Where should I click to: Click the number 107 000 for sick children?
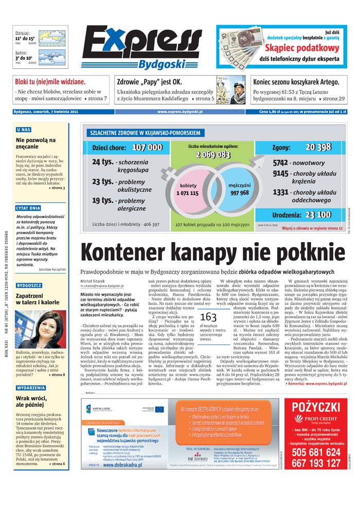click(147, 148)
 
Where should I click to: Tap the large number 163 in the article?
click(208, 317)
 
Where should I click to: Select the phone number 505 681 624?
click(316, 452)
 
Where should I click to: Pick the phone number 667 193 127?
click(316, 463)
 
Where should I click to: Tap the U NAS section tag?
click(24, 130)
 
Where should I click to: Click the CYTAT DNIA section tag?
click(28, 208)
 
